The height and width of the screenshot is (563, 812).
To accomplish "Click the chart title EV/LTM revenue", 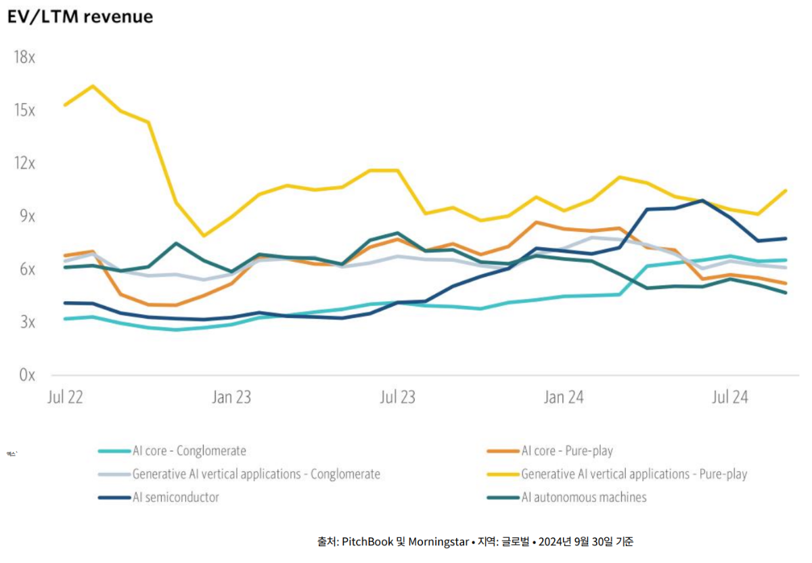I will [80, 17].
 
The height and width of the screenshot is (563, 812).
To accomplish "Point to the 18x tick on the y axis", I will [24, 57].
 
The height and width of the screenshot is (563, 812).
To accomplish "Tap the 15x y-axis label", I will [24, 110].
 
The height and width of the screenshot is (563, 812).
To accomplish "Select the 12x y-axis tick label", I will [24, 163].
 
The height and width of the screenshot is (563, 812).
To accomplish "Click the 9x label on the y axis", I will [26, 217].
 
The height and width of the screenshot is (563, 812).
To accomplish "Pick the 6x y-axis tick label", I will [26, 269].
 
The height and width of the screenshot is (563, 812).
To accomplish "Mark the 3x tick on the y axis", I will [26, 322].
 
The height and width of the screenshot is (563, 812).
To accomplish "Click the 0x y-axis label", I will [26, 375].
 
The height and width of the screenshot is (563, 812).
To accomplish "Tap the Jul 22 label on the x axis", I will [65, 398].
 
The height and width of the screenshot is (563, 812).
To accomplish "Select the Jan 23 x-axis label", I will [231, 398].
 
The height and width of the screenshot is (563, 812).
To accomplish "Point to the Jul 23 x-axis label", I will [397, 398].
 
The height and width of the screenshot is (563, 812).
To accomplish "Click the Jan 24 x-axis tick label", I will [563, 398].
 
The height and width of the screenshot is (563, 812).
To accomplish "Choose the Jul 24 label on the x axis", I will [729, 398].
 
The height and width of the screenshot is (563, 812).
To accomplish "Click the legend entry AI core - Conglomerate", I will [189, 451].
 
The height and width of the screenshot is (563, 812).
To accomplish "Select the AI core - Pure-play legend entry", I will [567, 451].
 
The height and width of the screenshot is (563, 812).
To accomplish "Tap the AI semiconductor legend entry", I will [176, 497].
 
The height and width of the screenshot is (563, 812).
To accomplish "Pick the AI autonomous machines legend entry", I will [584, 497].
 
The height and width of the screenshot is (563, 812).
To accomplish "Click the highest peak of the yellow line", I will [93, 86].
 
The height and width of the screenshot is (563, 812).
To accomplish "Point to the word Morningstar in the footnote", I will [438, 541].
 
